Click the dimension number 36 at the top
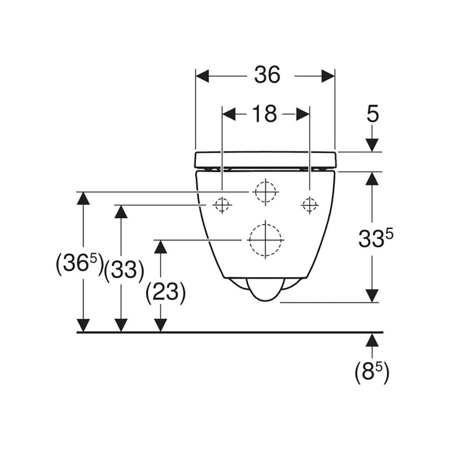tap(267, 75)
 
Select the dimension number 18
tap(264, 113)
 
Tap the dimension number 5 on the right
tap(372, 113)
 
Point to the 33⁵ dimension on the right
tap(375, 238)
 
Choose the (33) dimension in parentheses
tap(124, 270)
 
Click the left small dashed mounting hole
tap(222, 205)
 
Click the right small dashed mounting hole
tap(309, 205)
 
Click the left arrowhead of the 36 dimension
tap(202, 76)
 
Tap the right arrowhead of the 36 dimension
tap(328, 76)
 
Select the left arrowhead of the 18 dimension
tap(229, 114)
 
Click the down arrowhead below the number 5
tap(372, 145)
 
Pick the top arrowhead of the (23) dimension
tap(160, 247)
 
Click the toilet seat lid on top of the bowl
tap(265, 160)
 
